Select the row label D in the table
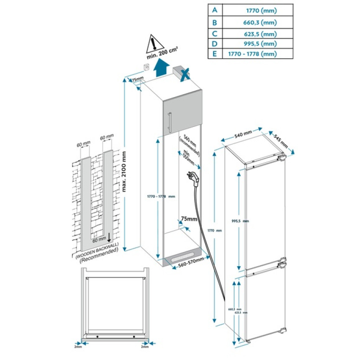215,43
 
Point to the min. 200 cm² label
162,56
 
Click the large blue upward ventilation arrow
161,67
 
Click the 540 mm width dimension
243,135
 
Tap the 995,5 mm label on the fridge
240,221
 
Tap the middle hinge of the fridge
281,263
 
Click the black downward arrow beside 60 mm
109,238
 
